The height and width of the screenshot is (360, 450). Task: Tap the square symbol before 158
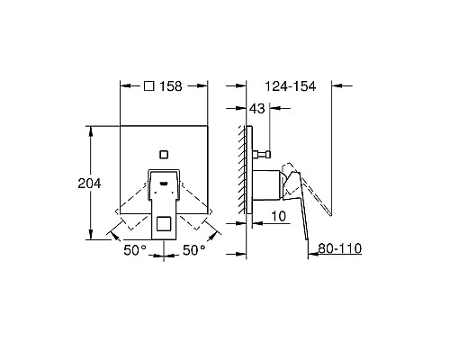(x=149, y=87)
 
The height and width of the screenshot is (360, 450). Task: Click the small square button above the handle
(x=164, y=152)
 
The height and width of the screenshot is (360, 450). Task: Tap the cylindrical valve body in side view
(x=266, y=184)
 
